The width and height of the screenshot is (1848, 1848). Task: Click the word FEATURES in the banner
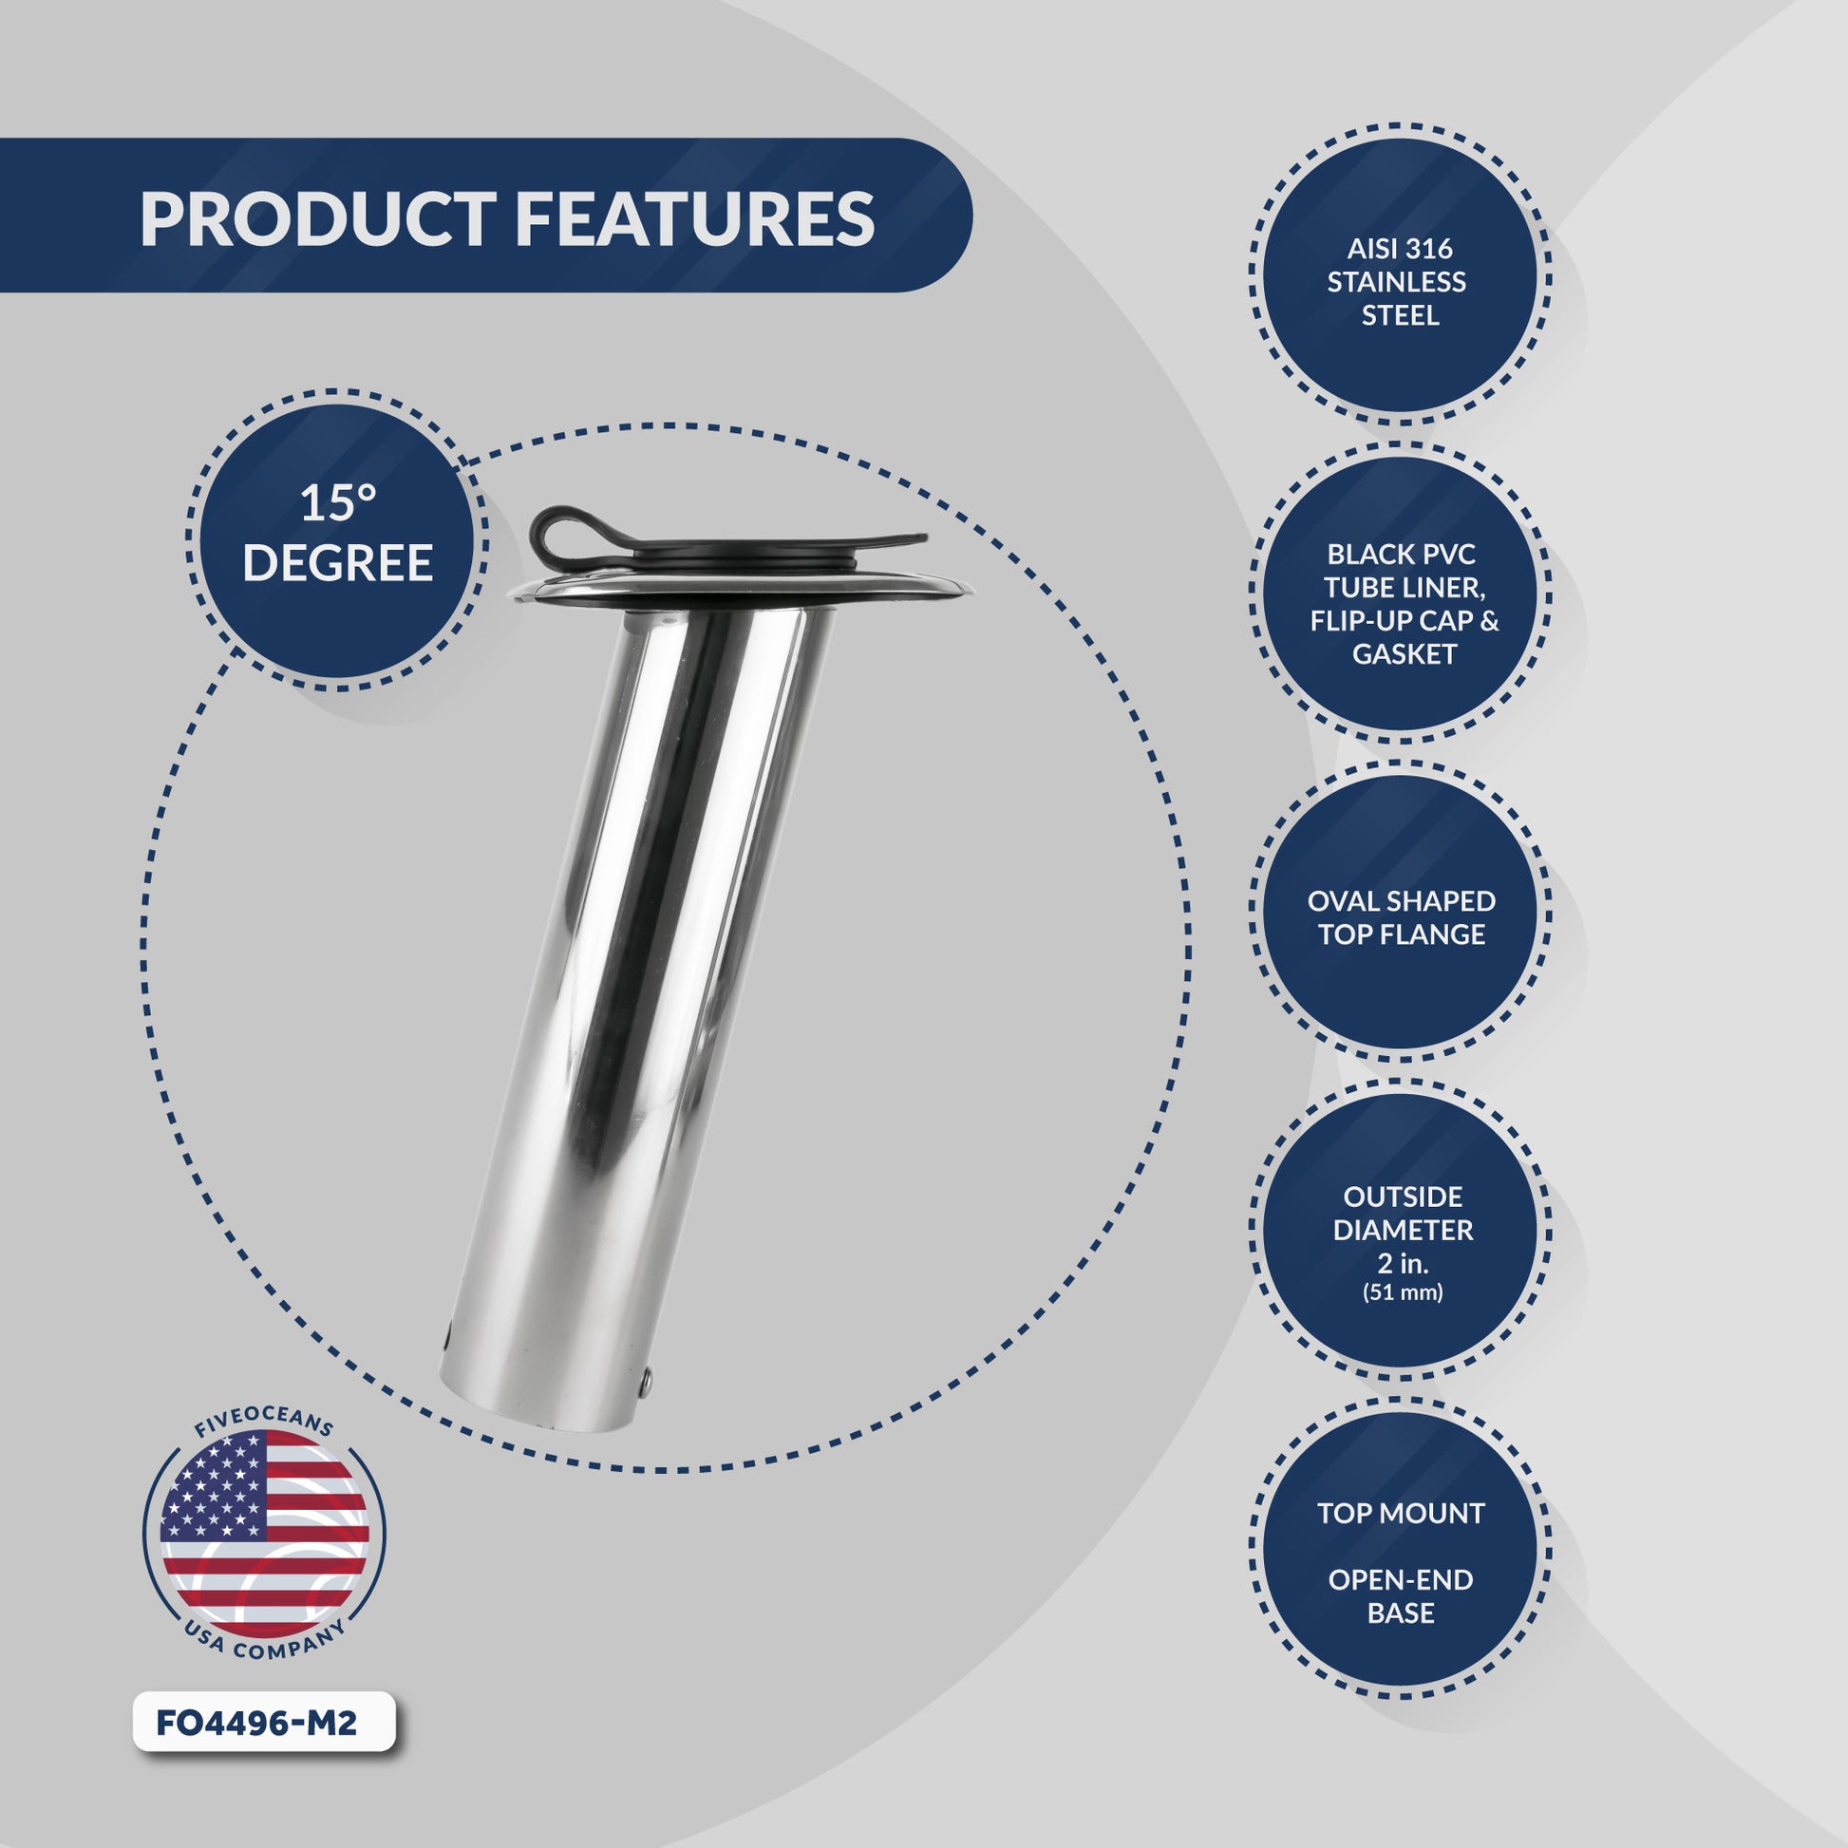pos(694,219)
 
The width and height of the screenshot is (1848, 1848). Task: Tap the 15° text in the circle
pos(339,503)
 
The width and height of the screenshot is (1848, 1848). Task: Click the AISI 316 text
pos(1400,249)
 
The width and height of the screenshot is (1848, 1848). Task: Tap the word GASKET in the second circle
pos(1405,654)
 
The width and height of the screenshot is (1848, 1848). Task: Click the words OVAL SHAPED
pos(1402,901)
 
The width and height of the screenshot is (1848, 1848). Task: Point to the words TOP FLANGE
pos(1402,934)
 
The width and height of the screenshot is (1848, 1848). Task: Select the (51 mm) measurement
pos(1403,1293)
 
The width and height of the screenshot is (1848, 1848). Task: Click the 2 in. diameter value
pos(1404,1264)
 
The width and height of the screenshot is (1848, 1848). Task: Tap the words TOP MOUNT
pos(1402,1513)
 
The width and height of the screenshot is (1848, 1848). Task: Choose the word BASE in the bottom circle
pos(1402,1612)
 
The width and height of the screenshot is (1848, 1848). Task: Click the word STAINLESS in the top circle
pos(1397,282)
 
